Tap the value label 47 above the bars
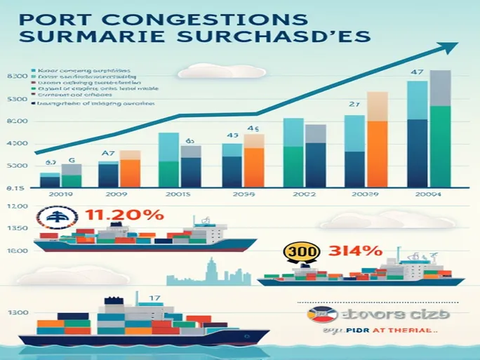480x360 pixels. (x=417, y=71)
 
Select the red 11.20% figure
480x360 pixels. (x=125, y=215)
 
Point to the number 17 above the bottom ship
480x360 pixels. (x=154, y=298)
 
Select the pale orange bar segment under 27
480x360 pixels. (x=378, y=107)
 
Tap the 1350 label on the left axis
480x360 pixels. (x=15, y=229)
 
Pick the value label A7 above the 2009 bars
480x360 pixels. (x=108, y=153)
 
